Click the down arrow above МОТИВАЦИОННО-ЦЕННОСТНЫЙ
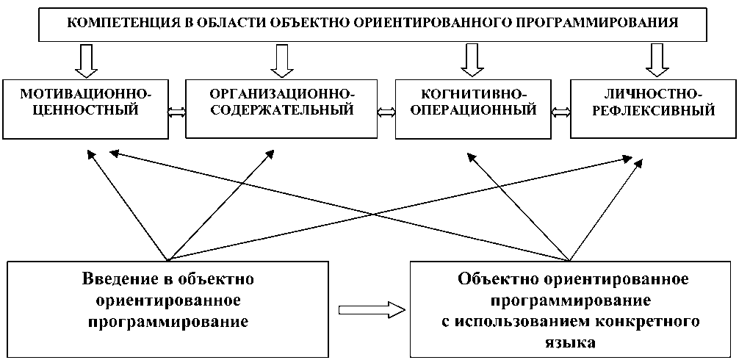tap(86, 60)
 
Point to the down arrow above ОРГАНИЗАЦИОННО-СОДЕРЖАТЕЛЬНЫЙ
tap(281, 60)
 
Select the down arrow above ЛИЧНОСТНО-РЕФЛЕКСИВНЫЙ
tap(657, 60)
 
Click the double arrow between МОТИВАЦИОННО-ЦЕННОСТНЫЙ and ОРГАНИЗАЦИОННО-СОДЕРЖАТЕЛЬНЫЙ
tap(177, 112)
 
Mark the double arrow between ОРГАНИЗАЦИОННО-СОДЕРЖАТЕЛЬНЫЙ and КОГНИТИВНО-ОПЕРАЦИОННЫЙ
tap(386, 112)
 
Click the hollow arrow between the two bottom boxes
tap(370, 309)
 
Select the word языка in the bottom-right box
tap(572, 342)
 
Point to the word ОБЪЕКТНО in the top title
tap(308, 22)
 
